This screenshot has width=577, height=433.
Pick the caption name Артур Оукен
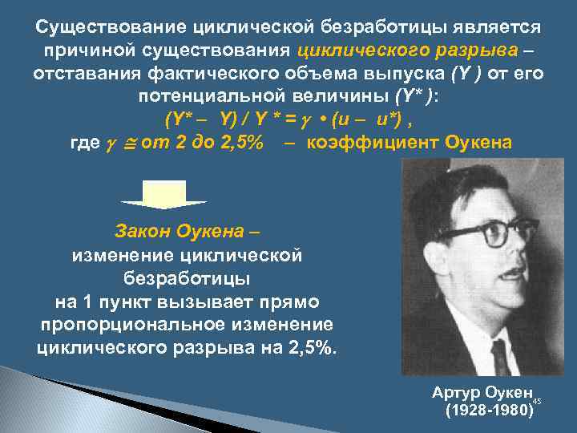tap(482, 392)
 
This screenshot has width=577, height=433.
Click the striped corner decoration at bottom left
tap(48, 401)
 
